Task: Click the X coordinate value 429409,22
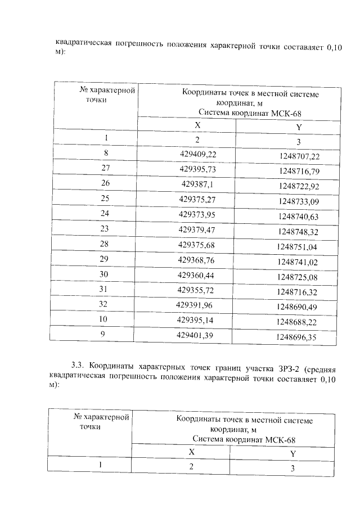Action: [x=197, y=154]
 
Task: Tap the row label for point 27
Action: [x=105, y=168]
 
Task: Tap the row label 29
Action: [x=104, y=259]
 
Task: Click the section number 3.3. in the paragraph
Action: [x=78, y=370]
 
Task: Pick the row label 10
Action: [x=103, y=319]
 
